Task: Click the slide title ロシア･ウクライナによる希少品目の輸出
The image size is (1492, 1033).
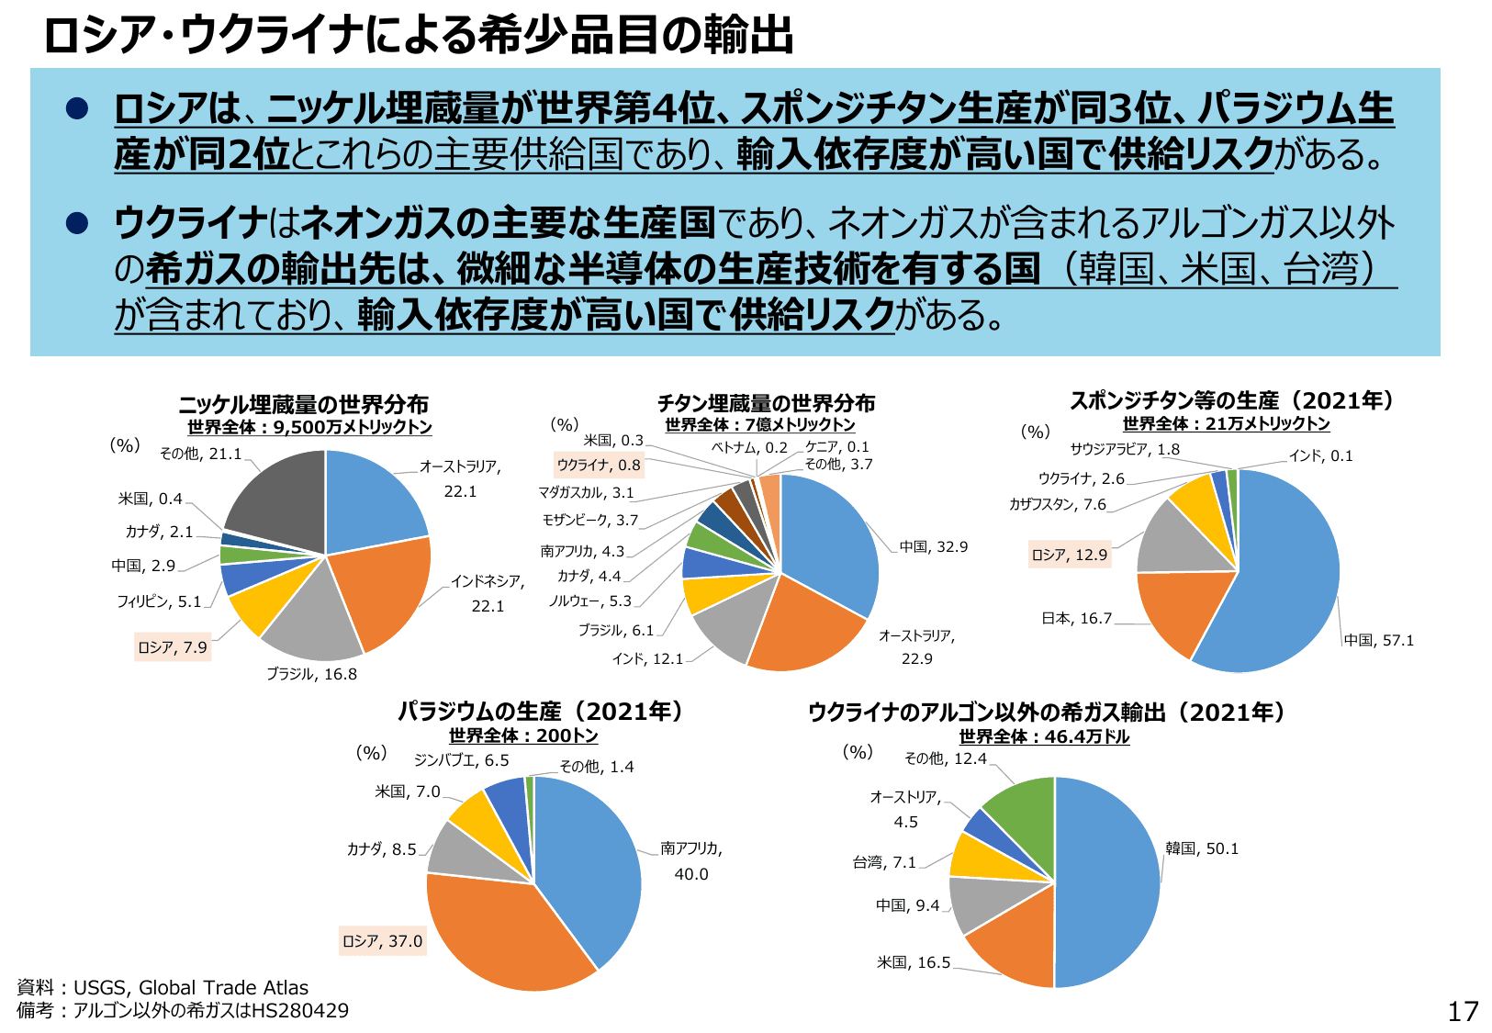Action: [418, 36]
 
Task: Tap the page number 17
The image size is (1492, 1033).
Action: [1463, 1011]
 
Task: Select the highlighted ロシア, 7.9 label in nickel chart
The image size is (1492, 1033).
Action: [173, 647]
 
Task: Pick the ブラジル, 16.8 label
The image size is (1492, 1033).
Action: [311, 674]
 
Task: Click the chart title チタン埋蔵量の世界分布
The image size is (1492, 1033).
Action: [766, 403]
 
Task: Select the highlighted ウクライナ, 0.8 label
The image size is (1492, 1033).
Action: [599, 466]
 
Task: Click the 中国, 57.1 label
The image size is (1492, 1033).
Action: [1379, 640]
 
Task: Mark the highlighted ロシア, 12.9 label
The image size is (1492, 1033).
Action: [1070, 555]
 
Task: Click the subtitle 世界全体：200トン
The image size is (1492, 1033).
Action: [523, 735]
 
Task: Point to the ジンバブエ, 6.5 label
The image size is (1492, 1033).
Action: [461, 760]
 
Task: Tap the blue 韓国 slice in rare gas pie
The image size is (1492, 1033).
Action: [1111, 881]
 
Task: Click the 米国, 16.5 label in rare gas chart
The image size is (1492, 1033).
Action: [914, 962]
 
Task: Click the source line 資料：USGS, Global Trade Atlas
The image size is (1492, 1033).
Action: [163, 988]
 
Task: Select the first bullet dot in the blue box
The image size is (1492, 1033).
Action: [76, 108]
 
